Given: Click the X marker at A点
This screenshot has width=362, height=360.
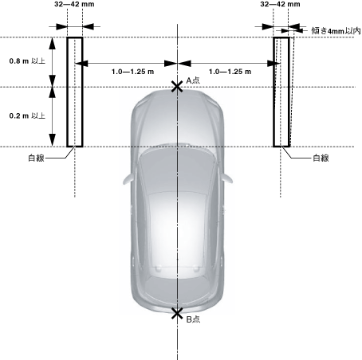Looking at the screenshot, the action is coord(177,87).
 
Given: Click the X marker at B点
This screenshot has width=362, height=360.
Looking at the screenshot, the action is coord(177,314).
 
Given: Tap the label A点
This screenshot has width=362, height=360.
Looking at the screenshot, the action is coord(193,80).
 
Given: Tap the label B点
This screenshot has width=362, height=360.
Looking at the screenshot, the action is coord(193,319).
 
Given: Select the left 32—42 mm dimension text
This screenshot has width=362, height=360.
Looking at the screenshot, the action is coord(74,4).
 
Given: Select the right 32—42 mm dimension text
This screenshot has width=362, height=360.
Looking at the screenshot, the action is coord(280,4).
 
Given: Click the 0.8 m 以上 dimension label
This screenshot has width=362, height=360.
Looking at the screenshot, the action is coord(27,61).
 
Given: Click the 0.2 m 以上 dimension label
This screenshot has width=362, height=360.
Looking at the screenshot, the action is coord(27,115).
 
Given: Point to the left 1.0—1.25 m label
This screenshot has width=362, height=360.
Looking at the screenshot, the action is coord(132,72).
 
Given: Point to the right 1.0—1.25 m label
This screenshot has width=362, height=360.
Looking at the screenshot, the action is coord(230,72).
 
